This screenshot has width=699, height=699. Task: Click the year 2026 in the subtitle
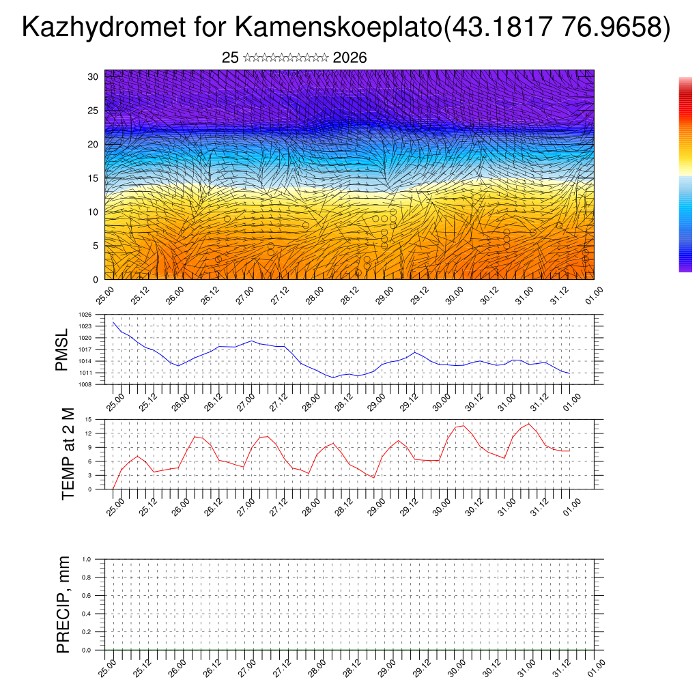point(350,58)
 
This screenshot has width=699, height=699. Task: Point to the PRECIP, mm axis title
point(63,604)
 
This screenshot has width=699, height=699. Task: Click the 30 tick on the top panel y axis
point(94,76)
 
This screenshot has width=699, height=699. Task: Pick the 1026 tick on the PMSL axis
point(85,315)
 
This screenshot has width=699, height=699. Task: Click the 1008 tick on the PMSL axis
point(85,384)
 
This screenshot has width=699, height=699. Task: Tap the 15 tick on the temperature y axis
point(88,419)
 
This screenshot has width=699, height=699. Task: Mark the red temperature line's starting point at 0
point(113,488)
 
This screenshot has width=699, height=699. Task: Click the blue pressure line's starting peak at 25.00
point(113,322)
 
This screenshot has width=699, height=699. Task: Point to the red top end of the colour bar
point(685,81)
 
